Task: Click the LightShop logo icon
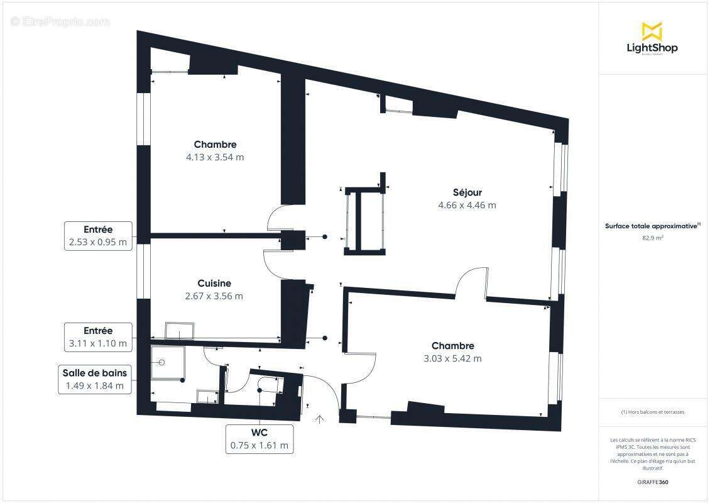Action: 652,31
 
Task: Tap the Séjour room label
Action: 467,192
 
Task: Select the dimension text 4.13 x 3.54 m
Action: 215,157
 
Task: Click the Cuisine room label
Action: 214,284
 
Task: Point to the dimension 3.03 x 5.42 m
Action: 452,358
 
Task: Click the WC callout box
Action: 259,439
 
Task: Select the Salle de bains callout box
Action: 94,380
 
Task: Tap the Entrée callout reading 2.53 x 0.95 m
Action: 98,236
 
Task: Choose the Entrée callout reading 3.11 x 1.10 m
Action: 98,338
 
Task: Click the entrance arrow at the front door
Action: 320,419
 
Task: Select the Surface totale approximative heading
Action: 652,226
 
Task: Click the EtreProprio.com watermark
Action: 60,21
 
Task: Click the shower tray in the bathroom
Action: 167,363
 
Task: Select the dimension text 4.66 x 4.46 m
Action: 467,205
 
